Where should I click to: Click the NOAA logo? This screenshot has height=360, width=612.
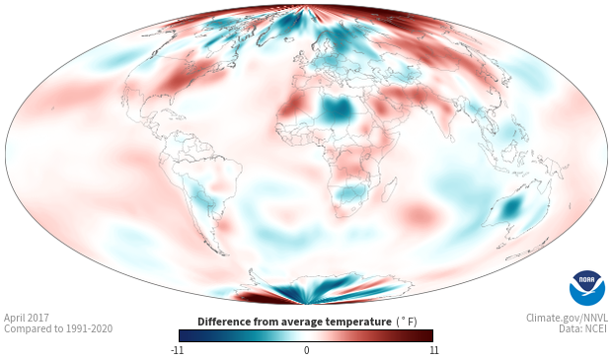coord(587,288)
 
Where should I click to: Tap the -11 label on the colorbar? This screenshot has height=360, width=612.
coord(177,350)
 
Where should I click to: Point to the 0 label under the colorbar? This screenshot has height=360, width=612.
coord(306,350)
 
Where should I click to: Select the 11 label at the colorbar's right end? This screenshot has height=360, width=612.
coord(433,350)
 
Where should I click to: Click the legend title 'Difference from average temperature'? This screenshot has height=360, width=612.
coord(294,322)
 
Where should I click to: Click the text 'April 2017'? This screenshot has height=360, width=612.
coord(26,318)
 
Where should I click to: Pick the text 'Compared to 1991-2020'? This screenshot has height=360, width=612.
coord(58,328)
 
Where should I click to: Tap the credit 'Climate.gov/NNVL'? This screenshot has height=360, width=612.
coord(567,318)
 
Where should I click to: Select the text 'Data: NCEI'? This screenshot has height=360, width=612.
coord(583,328)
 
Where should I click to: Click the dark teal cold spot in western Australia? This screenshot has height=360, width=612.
coord(511,207)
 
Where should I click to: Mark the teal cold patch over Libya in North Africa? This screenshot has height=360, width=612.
coord(337,108)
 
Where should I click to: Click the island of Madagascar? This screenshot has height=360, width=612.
coord(389,189)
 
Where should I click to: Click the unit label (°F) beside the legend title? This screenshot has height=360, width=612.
coord(406,322)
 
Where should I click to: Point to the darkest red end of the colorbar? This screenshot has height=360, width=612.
coord(428,335)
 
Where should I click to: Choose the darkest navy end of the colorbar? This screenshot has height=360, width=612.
coord(184,335)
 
